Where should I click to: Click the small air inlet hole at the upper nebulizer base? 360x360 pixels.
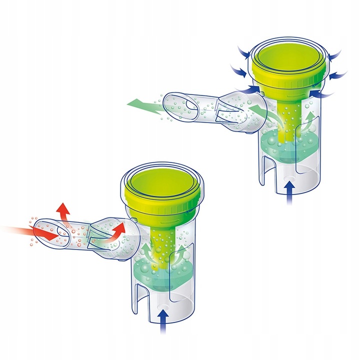pyautogui.click(x=289, y=174)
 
